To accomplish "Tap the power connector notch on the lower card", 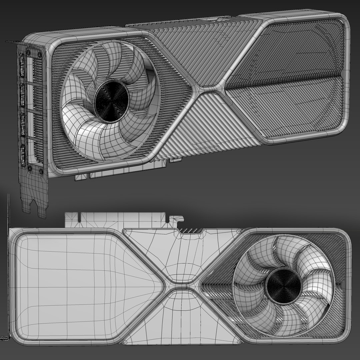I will point(190,230).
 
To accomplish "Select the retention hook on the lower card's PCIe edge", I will point(177,219).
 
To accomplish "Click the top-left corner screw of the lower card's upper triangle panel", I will point(124,231).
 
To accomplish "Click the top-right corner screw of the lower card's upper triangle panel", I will point(238,231).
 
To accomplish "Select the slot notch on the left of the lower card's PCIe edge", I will point(79,218).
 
